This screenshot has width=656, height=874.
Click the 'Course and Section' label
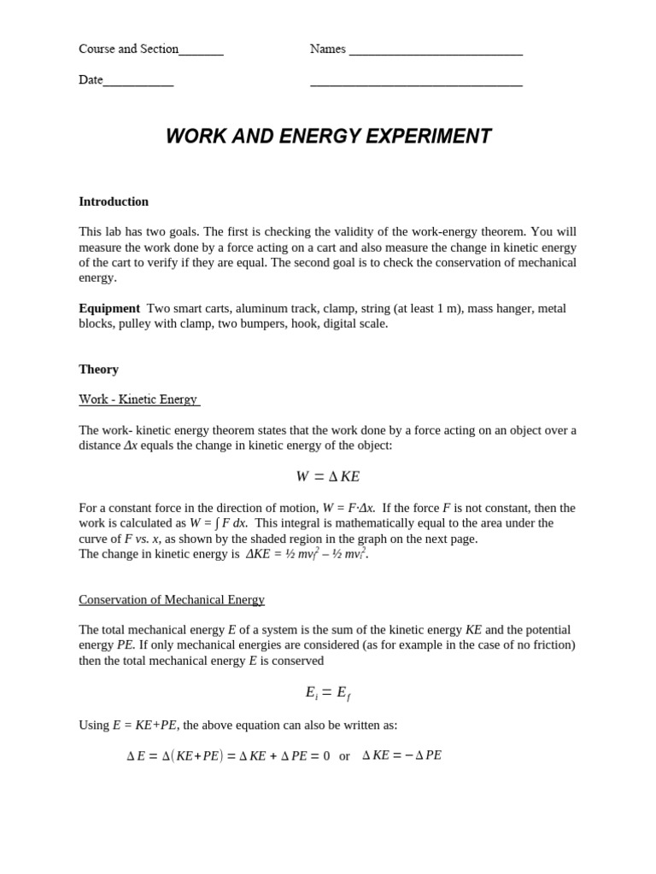coord(128,50)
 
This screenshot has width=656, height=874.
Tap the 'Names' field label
coord(327,50)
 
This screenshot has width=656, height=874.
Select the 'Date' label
coord(91,80)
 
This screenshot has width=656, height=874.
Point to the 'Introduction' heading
coord(114,202)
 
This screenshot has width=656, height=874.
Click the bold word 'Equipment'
coord(109,309)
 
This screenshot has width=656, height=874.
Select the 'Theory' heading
coord(98,370)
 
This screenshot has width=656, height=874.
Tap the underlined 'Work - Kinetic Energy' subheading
coord(138,399)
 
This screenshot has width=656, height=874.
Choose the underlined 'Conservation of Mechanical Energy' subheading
coord(172,600)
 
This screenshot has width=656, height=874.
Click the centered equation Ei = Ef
coord(327,693)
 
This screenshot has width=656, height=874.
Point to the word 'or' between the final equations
coord(344,756)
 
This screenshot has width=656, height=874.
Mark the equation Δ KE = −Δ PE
coord(401,755)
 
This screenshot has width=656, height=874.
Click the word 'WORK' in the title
coord(195,137)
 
